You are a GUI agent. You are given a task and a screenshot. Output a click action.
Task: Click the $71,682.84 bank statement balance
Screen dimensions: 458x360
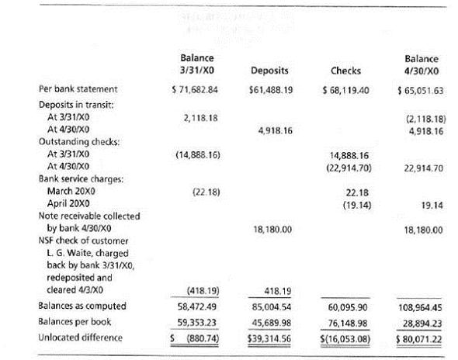click(x=195, y=90)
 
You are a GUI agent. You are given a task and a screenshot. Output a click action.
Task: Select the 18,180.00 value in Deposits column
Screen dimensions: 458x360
click(x=272, y=230)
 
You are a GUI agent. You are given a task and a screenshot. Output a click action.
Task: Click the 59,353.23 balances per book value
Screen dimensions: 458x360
click(x=197, y=321)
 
